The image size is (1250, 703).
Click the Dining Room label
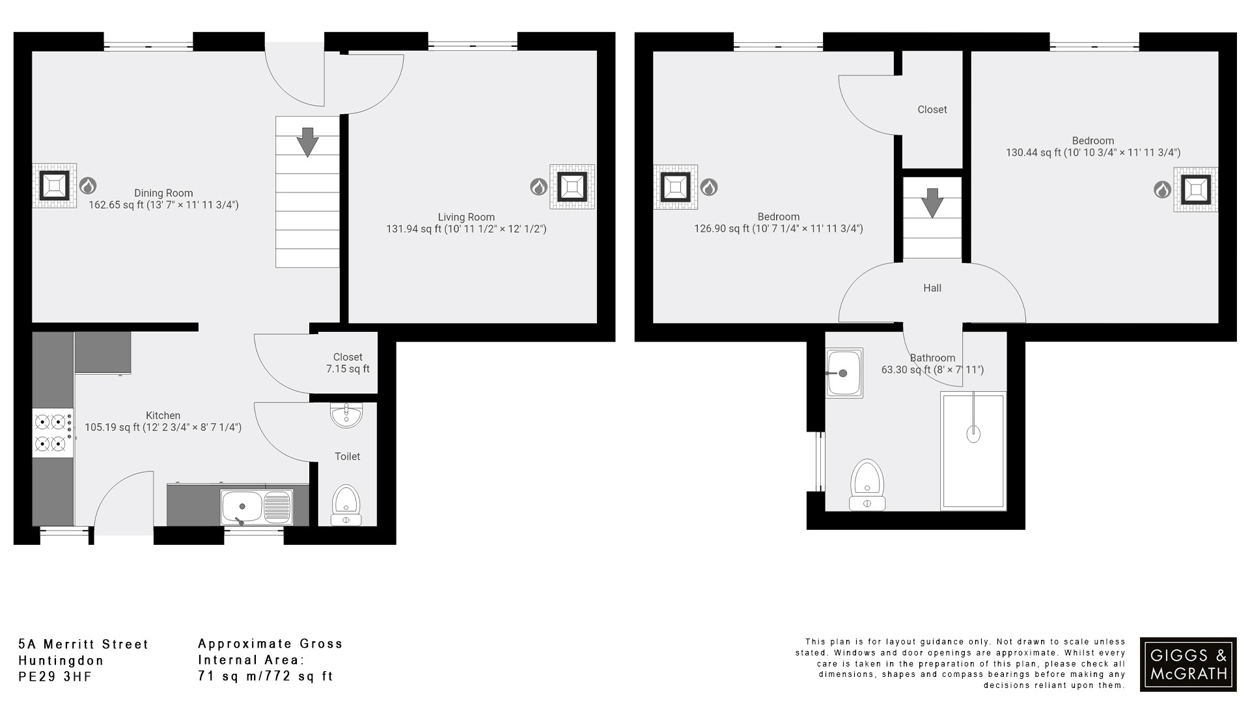tap(163, 193)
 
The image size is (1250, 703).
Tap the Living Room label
tap(466, 217)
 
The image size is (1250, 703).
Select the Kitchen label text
tap(163, 416)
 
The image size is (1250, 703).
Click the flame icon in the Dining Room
tap(87, 186)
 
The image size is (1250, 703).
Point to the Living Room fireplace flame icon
tap(538, 187)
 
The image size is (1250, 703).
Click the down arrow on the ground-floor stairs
tap(307, 141)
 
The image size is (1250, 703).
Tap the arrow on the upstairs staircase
tap(932, 202)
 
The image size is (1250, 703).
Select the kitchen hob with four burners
tap(53, 433)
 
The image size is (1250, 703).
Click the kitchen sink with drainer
tap(256, 507)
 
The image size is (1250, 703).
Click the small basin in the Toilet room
tap(346, 415)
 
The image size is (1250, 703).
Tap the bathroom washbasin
tap(844, 373)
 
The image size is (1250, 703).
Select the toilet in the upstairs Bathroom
tap(867, 485)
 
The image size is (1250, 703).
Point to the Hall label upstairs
tap(932, 288)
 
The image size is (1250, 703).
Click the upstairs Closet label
tap(932, 110)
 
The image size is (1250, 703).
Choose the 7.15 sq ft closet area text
tap(348, 369)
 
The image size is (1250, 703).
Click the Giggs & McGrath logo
tap(1188, 664)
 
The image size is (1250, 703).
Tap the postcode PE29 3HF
tap(55, 677)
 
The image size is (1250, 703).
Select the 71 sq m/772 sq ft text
tap(266, 676)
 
